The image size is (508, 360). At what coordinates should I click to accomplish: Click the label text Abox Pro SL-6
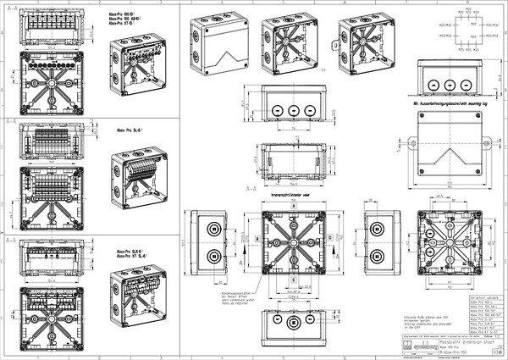click(129, 132)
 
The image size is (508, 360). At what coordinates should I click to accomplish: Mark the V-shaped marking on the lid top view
click(449, 164)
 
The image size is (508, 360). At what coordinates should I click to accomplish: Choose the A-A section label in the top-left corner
click(12, 8)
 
